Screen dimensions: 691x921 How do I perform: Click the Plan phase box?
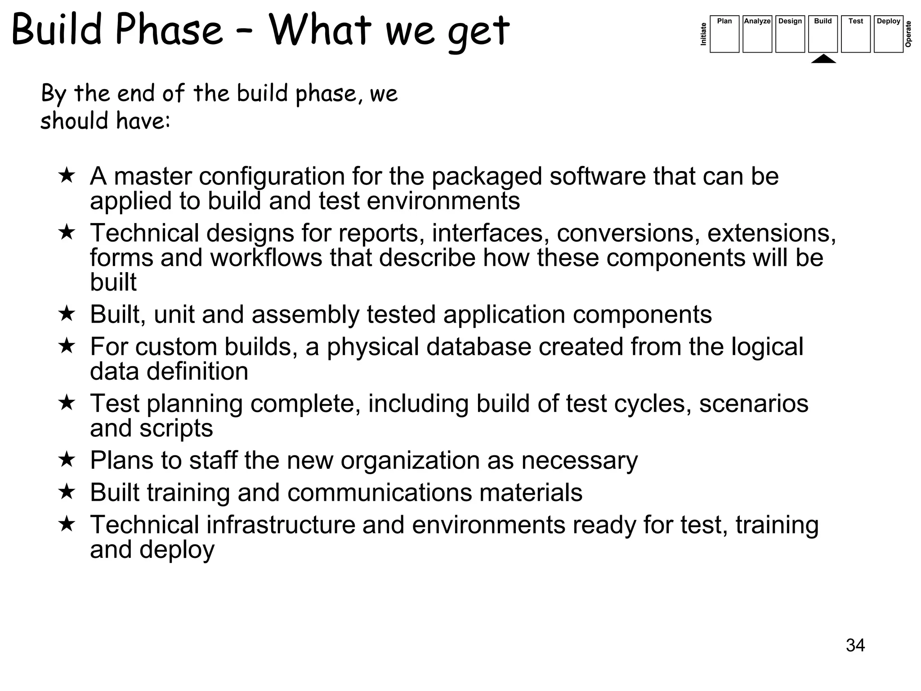pos(724,34)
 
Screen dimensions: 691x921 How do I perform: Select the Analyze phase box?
pos(757,34)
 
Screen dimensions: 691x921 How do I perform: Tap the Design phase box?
pos(790,34)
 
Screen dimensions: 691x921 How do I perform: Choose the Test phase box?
pos(855,34)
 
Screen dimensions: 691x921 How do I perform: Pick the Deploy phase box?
pos(888,34)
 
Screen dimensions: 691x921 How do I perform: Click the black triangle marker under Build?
pos(823,59)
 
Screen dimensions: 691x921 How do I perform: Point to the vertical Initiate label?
pos(703,34)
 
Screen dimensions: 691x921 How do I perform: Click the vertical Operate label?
pos(908,34)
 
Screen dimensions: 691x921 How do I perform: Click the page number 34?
pos(855,645)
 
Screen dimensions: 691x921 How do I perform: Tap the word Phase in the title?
pos(169,31)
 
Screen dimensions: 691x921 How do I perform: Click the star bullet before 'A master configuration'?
pos(67,175)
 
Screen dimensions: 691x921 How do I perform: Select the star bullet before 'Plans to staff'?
pos(67,459)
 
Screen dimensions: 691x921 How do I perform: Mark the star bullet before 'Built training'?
pos(67,491)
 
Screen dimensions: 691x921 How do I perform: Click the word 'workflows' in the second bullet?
pos(266,258)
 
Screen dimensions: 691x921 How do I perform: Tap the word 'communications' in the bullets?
pos(380,492)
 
